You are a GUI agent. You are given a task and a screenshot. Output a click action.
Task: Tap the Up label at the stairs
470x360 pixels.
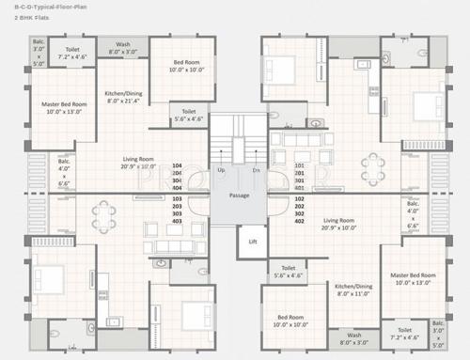pos(221,171)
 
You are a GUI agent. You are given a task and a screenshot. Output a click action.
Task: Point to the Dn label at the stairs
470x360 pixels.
pos(256,171)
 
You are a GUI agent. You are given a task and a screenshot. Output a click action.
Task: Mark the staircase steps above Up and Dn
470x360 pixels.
pos(238,146)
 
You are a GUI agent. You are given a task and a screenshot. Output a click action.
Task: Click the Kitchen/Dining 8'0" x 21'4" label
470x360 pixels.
pos(123,98)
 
